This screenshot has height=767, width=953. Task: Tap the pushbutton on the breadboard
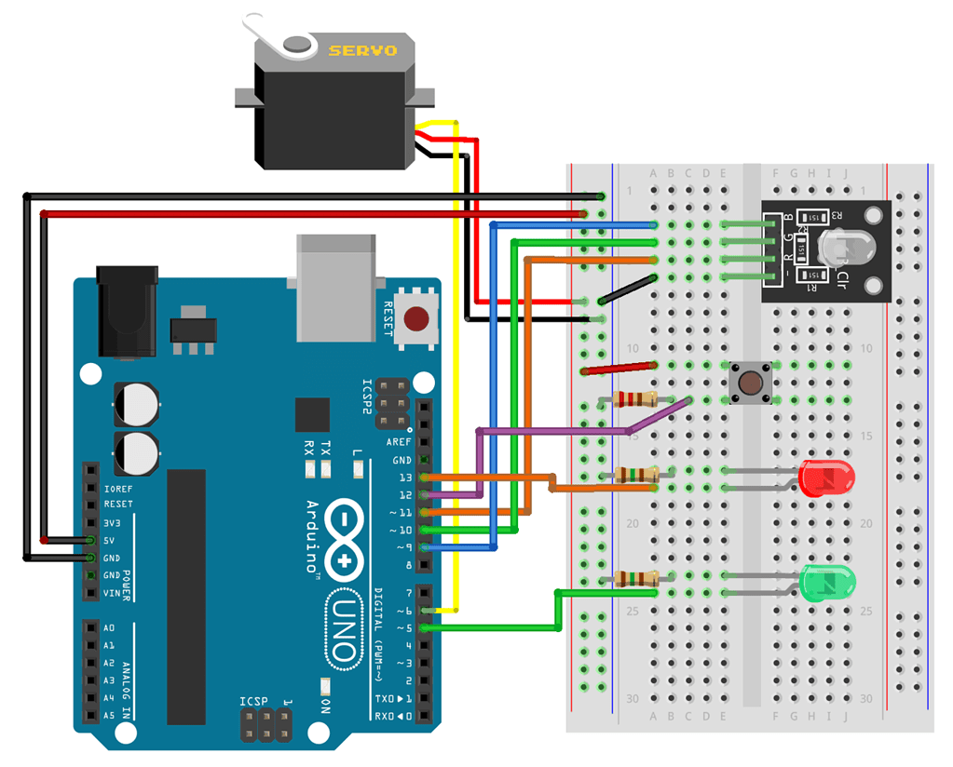(747, 383)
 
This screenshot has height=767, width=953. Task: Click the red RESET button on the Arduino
(417, 319)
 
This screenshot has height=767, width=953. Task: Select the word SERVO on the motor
(362, 50)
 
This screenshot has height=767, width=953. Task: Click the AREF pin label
(399, 441)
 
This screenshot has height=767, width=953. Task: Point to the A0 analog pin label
(110, 627)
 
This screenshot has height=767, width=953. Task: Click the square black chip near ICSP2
(312, 415)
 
